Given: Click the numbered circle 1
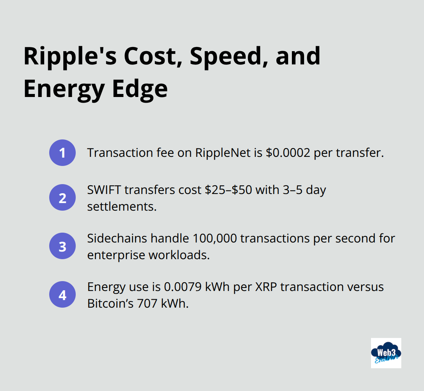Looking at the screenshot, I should tap(62, 153).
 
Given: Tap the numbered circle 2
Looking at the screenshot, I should tap(62, 197).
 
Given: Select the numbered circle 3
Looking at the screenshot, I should tap(62, 246).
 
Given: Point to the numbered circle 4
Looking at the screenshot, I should tap(62, 294).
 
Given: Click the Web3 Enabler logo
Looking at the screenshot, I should tap(386, 353).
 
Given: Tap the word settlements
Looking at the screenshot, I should tap(122, 206).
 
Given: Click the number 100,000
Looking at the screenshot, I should tap(215, 238).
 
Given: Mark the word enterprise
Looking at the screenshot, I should tap(116, 255).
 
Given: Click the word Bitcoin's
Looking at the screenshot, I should tap(110, 303).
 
